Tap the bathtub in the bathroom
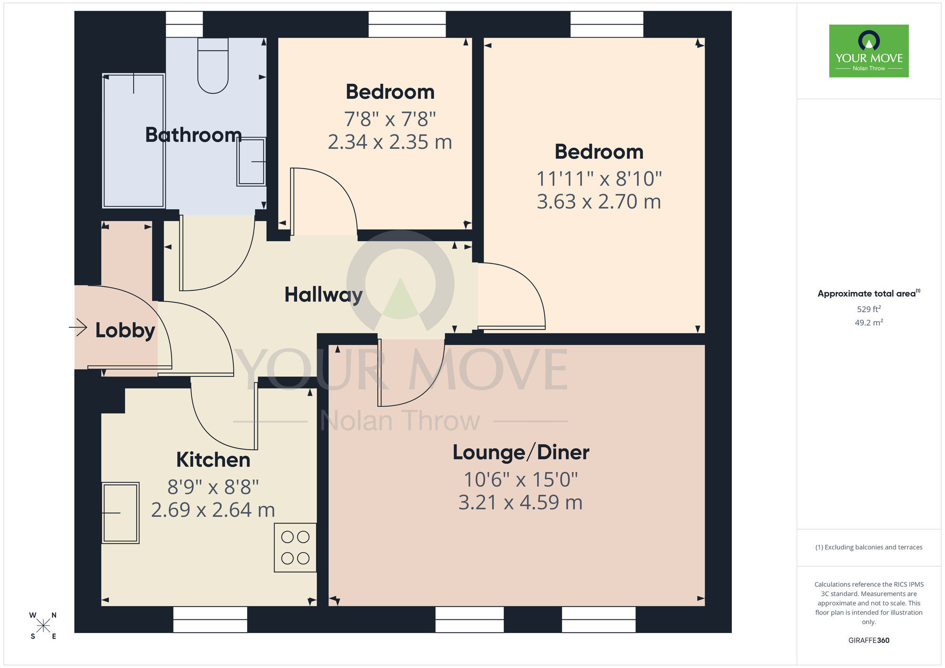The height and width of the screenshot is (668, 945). [x=134, y=141]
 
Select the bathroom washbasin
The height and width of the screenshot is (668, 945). [x=251, y=162]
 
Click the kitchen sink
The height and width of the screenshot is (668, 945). [x=120, y=513]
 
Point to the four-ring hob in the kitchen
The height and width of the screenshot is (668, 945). [x=295, y=548]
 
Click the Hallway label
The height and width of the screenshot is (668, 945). [x=323, y=295]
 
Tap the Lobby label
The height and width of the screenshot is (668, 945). [x=125, y=330]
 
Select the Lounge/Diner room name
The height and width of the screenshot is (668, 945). [x=521, y=452]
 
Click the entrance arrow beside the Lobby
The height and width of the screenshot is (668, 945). [x=78, y=327]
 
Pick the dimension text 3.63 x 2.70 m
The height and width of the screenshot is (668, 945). [x=599, y=202]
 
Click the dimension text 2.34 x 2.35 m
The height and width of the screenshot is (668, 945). [x=390, y=142]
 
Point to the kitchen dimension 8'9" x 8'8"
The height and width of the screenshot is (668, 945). [x=213, y=487]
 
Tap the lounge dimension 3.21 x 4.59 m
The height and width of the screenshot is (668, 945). [x=520, y=502]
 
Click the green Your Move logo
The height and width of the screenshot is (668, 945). [x=868, y=51]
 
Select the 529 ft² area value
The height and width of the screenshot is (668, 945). [x=868, y=309]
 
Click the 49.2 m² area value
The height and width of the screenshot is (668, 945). [x=868, y=323]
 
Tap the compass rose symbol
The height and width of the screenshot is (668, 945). [x=43, y=626]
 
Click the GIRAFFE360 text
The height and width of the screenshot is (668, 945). [x=868, y=641]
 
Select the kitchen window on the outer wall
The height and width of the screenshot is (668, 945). [x=210, y=619]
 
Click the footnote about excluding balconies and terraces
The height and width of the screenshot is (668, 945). [x=868, y=547]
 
